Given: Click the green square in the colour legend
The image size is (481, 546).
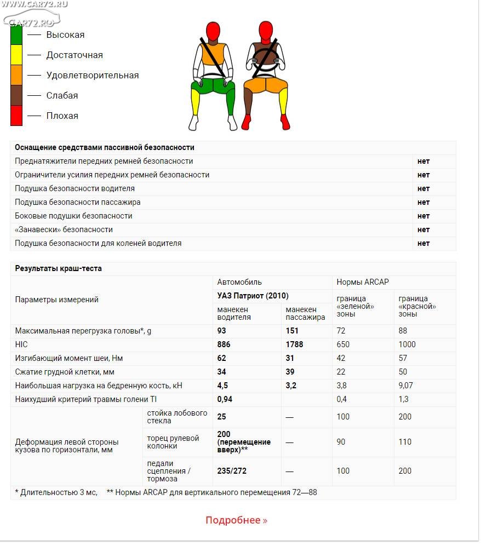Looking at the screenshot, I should click(x=16, y=35).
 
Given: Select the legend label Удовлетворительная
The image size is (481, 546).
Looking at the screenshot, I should click(x=92, y=75).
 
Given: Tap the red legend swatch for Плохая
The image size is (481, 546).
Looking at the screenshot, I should click(x=16, y=116).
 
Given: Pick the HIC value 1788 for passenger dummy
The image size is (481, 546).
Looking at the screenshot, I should click(x=294, y=344).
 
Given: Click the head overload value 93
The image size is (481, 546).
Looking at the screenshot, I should click(x=222, y=331).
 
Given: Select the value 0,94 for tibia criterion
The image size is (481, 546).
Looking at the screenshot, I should click(x=225, y=399).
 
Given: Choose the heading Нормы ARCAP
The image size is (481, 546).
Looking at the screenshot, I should click(x=363, y=282).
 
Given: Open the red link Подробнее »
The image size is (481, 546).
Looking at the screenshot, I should click(x=237, y=520).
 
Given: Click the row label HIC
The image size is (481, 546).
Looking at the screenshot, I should click(x=21, y=344).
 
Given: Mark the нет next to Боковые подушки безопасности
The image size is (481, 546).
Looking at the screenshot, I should click(x=423, y=216).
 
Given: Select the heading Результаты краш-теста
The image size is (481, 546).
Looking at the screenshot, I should click(x=58, y=268).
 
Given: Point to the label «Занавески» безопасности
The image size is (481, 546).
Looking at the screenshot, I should click(x=64, y=229).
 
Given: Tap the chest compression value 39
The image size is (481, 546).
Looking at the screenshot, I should click(x=290, y=372).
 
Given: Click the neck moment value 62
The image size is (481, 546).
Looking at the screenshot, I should click(x=222, y=358).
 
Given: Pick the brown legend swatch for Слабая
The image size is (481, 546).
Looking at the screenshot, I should click(x=16, y=95).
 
